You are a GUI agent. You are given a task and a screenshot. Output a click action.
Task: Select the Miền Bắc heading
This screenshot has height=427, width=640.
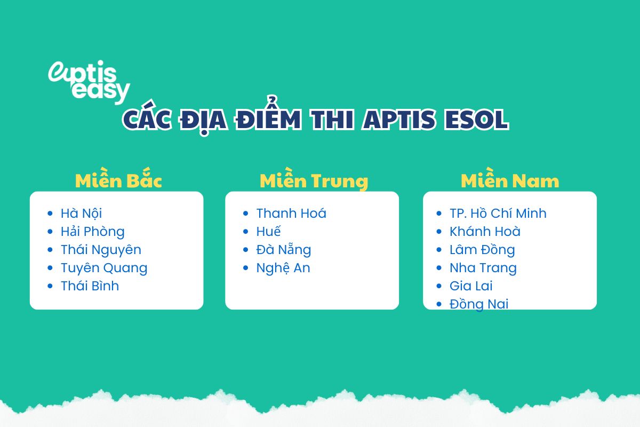pos(118,181)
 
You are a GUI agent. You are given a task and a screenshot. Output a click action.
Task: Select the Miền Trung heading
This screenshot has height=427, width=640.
pos(314,181)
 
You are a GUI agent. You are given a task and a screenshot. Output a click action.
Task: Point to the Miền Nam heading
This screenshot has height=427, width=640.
pos(510,181)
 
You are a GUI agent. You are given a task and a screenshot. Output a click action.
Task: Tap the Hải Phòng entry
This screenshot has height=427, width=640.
pos(92,232)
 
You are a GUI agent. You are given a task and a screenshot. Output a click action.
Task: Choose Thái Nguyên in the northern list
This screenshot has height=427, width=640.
pos(101,250)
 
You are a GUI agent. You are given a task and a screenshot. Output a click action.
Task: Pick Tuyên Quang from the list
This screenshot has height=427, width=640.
pos(103,268)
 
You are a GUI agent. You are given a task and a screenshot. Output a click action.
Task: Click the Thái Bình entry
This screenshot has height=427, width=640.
pos(90,286)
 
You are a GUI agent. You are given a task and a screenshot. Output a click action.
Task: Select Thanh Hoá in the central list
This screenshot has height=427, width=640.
pos(291,213)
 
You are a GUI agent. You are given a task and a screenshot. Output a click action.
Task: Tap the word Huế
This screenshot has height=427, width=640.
pos(268,232)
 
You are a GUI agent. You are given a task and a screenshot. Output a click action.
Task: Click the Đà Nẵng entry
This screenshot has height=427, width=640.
pos(283,250)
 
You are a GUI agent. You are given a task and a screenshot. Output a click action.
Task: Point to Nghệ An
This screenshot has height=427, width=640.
pos(283,268)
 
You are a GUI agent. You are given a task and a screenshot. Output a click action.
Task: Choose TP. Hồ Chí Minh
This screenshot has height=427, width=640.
pos(498,213)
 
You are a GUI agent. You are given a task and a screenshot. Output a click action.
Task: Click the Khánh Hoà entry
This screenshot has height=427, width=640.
pos(485,232)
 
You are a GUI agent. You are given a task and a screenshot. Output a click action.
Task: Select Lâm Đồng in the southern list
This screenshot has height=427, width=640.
pos(482,250)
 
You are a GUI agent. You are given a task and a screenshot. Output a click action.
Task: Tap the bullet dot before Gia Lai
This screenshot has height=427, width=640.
pos(438,286)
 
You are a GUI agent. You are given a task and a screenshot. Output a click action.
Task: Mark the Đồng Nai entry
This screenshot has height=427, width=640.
pos(479,304)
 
